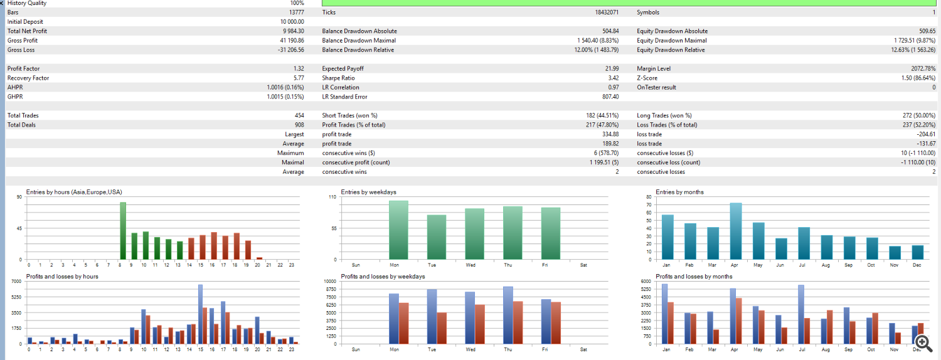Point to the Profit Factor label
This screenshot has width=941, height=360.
click(22, 68)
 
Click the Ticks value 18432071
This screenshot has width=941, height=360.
click(607, 12)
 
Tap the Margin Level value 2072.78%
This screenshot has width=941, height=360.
click(921, 68)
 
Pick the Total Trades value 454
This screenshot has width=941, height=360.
click(299, 115)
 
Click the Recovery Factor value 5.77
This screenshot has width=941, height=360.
click(299, 78)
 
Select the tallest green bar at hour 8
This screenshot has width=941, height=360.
click(123, 230)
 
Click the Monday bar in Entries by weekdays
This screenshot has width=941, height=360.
click(398, 230)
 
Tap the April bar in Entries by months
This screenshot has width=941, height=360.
click(736, 231)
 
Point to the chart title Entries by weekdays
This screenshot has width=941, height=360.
click(368, 192)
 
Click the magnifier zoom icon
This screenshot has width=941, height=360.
click(922, 342)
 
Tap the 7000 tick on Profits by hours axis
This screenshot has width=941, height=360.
click(16, 282)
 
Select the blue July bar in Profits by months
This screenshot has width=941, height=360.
click(800, 314)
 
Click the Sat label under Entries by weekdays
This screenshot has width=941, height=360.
click(583, 265)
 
